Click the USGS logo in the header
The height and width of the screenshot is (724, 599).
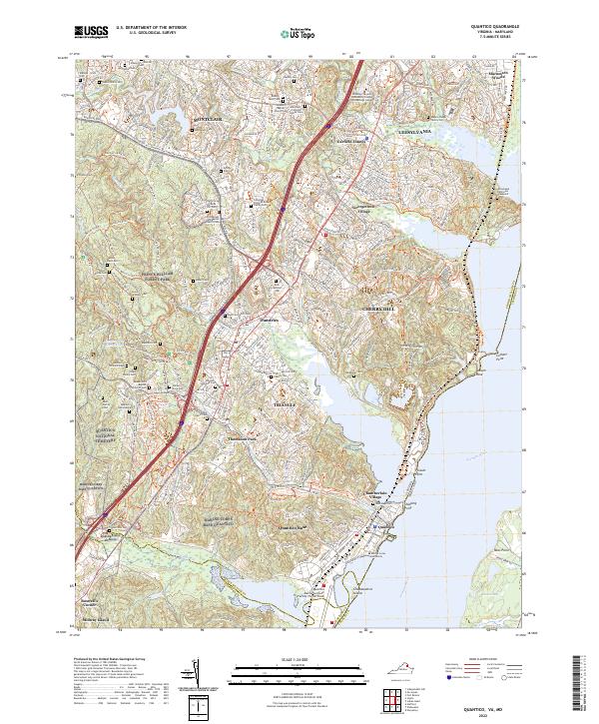[x=91, y=32]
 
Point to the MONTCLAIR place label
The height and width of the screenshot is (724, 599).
[x=207, y=118]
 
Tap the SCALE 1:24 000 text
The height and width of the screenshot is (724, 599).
[x=298, y=657]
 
